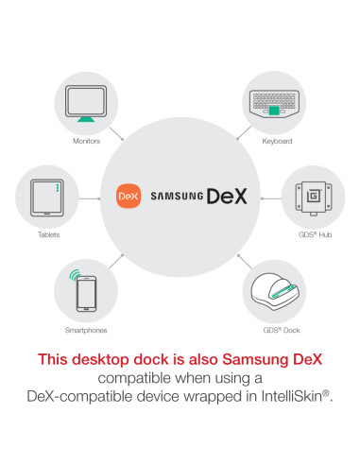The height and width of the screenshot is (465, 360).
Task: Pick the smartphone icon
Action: pos(85,292)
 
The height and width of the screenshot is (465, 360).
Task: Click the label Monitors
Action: pos(86,141)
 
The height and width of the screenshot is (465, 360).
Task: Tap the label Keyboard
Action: pos(277,141)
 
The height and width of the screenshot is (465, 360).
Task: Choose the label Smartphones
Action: pos(86,330)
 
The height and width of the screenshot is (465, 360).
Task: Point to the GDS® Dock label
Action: pos(276,330)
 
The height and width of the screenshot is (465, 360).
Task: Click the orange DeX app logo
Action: pos(128,196)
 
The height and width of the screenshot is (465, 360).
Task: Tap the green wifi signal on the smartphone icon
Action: pos(77,278)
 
